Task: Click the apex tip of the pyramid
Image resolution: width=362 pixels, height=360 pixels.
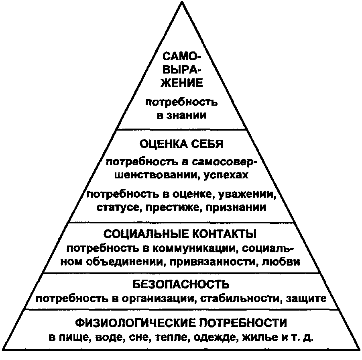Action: click(181, 3)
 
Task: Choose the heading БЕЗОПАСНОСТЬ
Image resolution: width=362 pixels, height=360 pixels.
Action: click(181, 285)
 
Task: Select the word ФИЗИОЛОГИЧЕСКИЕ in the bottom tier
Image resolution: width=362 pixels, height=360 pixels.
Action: click(136, 323)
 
